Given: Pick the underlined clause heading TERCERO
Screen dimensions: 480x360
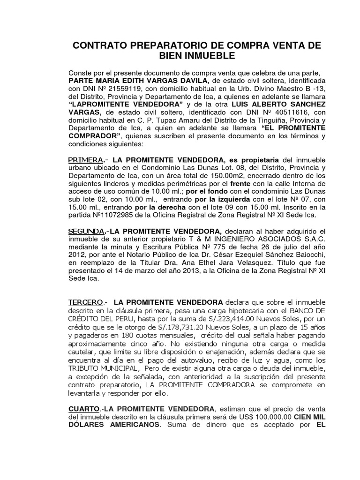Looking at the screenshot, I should pyautogui.click(x=85, y=303).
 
